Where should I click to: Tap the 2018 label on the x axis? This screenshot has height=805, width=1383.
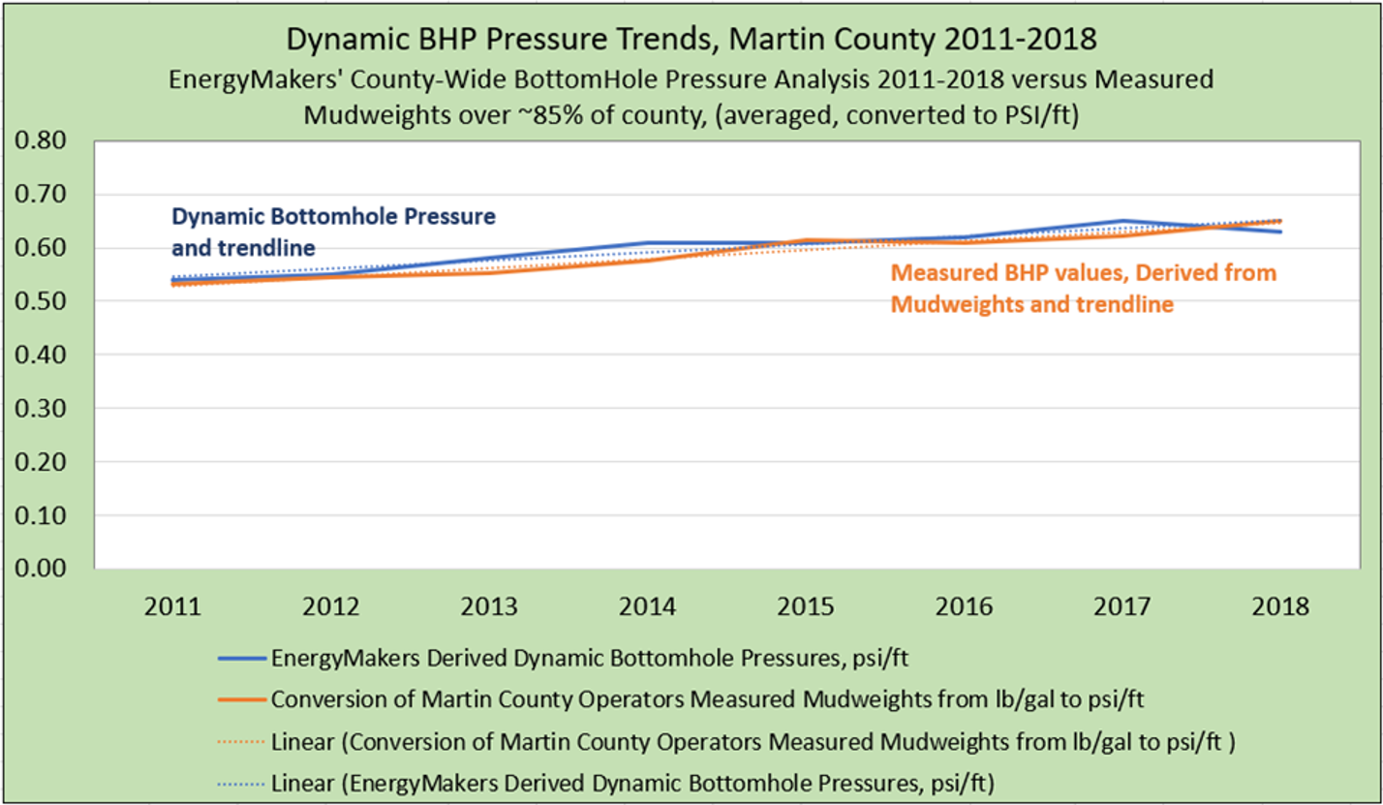(x=1278, y=608)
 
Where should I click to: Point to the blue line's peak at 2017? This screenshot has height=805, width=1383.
(x=1122, y=222)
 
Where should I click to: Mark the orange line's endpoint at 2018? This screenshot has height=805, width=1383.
(x=1278, y=221)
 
